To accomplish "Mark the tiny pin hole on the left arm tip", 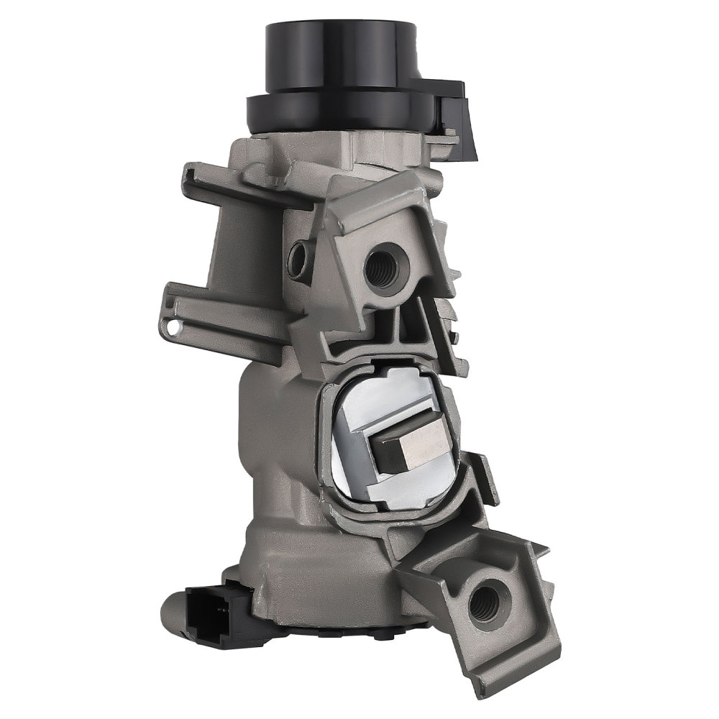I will [x=173, y=327].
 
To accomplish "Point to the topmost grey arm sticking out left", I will [x=216, y=180].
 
